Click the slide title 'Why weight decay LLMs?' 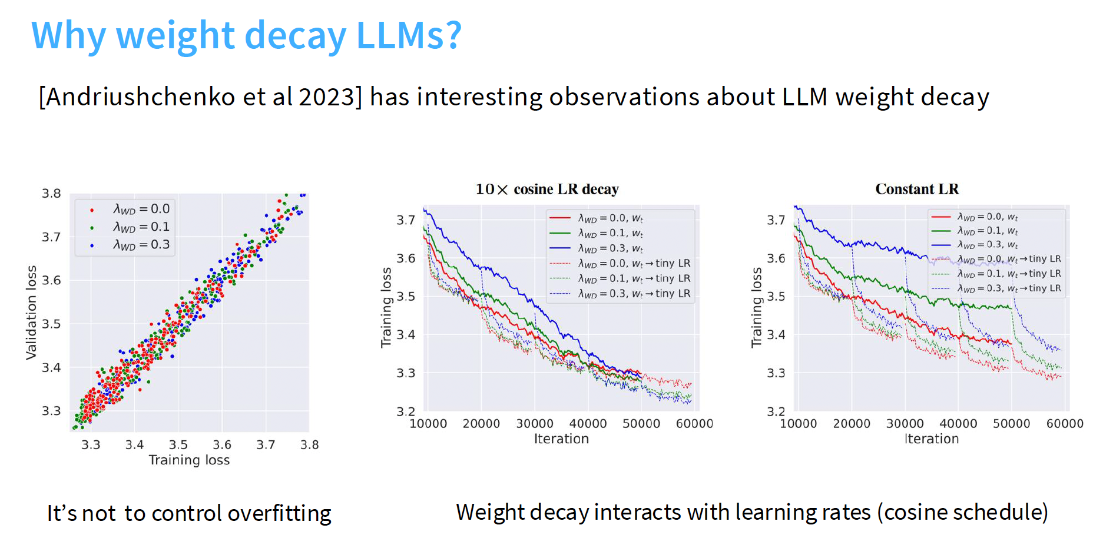[x=246, y=35]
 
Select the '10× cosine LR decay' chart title [x=547, y=189]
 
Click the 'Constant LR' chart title [x=917, y=189]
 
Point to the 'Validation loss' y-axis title [x=31, y=312]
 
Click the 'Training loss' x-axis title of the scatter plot [x=189, y=460]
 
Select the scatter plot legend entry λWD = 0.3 [x=141, y=245]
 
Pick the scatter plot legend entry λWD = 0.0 [x=141, y=209]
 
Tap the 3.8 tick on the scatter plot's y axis [x=51, y=194]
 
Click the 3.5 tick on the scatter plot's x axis [x=178, y=445]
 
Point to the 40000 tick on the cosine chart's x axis [x=588, y=424]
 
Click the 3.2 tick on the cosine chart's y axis [x=406, y=411]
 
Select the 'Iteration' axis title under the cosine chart [x=561, y=439]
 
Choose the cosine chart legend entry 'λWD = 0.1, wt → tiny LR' [x=634, y=278]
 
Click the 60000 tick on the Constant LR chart [x=1065, y=424]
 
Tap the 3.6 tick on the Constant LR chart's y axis [x=776, y=258]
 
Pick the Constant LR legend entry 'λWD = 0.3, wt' [x=987, y=245]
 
